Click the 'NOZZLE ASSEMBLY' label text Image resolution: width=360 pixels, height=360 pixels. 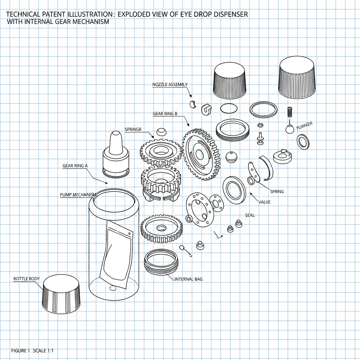(x=170, y=84)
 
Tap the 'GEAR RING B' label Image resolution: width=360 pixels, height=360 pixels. (x=165, y=114)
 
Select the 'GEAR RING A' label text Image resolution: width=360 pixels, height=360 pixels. (x=75, y=166)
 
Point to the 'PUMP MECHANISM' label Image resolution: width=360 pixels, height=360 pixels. (x=78, y=195)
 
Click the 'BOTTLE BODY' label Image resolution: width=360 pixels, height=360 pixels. (x=26, y=279)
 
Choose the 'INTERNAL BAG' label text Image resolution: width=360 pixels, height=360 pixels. (x=188, y=279)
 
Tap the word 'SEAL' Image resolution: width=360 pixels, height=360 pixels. (x=250, y=215)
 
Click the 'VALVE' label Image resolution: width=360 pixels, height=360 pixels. (x=264, y=202)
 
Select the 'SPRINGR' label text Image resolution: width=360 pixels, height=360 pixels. (x=133, y=129)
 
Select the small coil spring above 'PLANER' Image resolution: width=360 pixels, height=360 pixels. (x=290, y=112)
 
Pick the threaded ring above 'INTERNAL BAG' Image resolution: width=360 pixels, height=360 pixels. (x=161, y=262)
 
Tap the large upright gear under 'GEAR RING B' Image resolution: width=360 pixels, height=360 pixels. (x=199, y=155)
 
